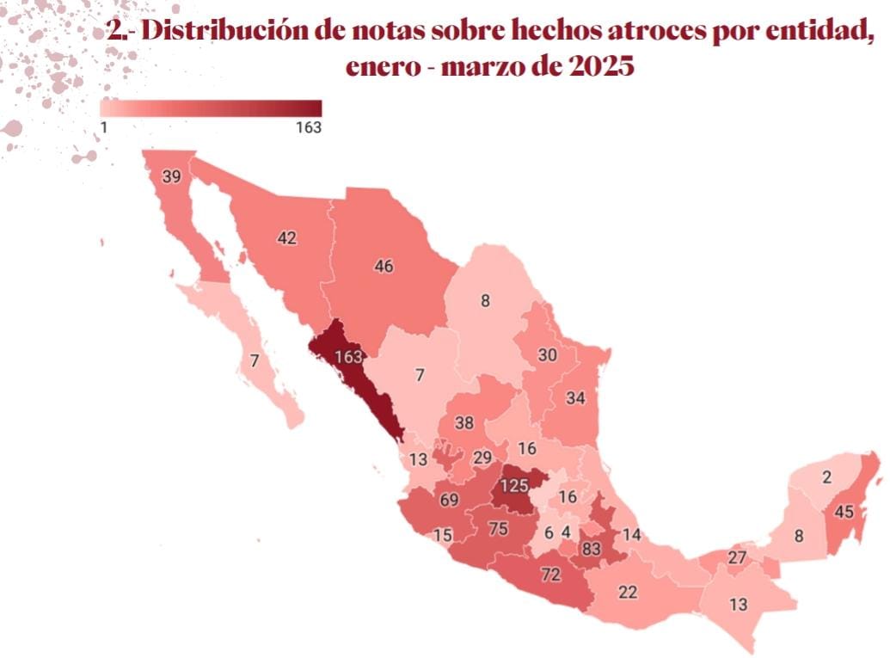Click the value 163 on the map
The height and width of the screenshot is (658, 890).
coord(347,357)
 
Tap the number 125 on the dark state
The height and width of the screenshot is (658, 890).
coord(513,486)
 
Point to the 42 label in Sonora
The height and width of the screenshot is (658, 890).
coord(286,237)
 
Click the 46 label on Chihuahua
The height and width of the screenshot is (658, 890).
coord(384,267)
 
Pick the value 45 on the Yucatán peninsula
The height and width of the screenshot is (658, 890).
coord(844,512)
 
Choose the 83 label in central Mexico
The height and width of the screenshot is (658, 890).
coord(591,549)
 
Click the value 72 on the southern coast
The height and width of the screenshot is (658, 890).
coord(550,573)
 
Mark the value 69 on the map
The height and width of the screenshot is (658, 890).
coord(448,500)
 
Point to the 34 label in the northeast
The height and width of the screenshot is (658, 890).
coord(575,398)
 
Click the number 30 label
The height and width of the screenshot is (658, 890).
coord(547,354)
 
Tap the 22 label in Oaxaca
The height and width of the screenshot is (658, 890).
coord(628,592)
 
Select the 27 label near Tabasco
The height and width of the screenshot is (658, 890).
coord(737,557)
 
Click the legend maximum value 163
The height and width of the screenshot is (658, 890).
coord(306,127)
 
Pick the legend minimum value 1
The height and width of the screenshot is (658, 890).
coord(103,127)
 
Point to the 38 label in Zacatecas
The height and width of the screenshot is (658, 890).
coord(464,422)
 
